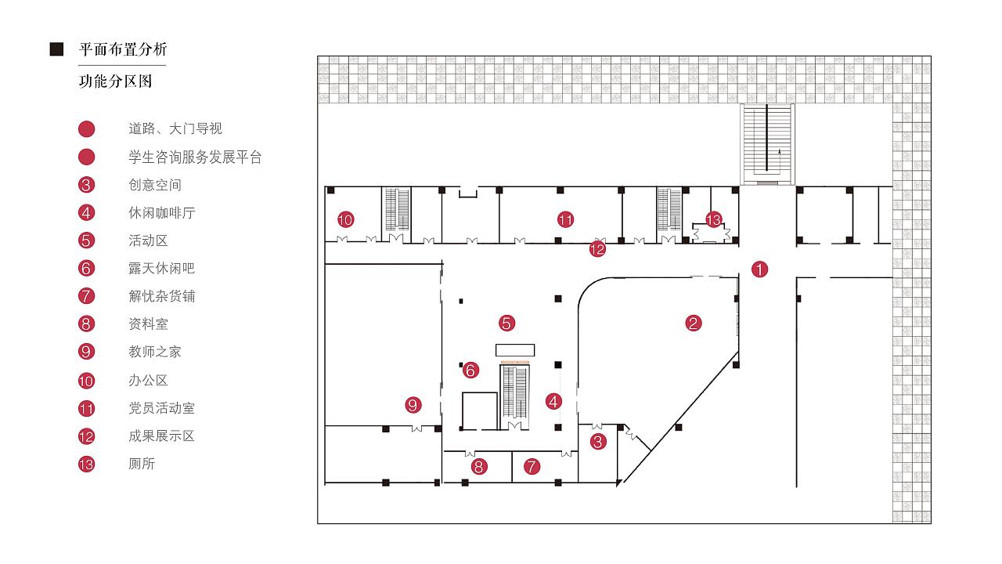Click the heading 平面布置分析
[x=123, y=50]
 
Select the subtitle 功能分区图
[x=115, y=81]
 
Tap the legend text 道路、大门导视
[x=175, y=128]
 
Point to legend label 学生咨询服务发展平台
[x=195, y=157]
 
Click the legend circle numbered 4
[x=87, y=212]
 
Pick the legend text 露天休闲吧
[x=161, y=268]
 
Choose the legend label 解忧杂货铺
[x=161, y=296]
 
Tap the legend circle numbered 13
[x=87, y=464]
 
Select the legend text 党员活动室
[x=161, y=408]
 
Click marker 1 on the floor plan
[x=759, y=269]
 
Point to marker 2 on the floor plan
[x=694, y=322]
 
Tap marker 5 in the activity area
[x=507, y=322]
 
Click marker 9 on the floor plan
[x=413, y=405]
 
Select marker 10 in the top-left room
[x=345, y=219]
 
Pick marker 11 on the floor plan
[x=566, y=219]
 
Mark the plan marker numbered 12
[x=597, y=249]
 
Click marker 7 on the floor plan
[x=532, y=467]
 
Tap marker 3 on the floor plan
[x=598, y=442]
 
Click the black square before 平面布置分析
[x=56, y=50]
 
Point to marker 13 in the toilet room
[x=713, y=220]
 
